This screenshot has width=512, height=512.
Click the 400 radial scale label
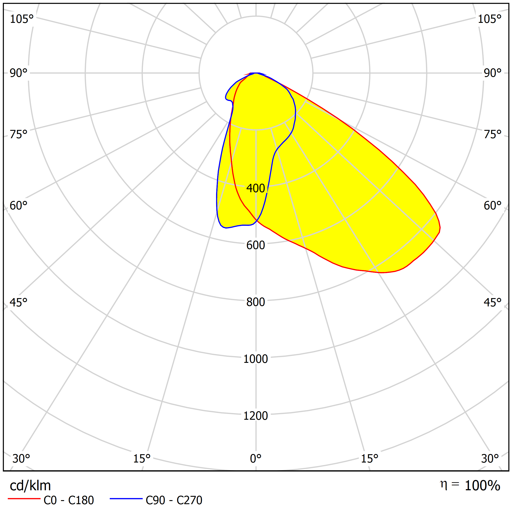pyautogui.click(x=256, y=188)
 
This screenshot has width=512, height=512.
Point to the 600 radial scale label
pyautogui.click(x=256, y=245)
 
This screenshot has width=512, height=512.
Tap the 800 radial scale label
pyautogui.click(x=256, y=302)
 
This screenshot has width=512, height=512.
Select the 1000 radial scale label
pyautogui.click(x=256, y=359)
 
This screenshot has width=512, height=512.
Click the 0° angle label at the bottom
pyautogui.click(x=256, y=459)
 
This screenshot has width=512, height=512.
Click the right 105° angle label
pyautogui.click(x=489, y=19)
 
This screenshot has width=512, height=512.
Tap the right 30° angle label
pyautogui.click(x=490, y=459)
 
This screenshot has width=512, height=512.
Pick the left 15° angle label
pyautogui.click(x=142, y=459)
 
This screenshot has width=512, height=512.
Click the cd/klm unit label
pyautogui.click(x=30, y=486)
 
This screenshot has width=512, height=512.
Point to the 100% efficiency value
pyautogui.click(x=482, y=486)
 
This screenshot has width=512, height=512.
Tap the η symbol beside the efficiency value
pyautogui.click(x=443, y=484)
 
